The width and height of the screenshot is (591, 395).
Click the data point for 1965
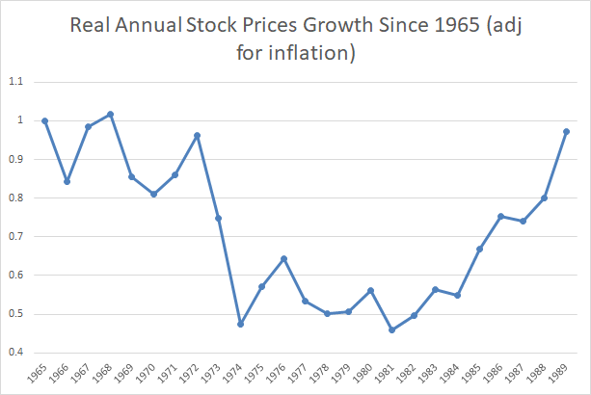[x=44, y=120]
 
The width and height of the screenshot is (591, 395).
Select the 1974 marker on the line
[x=240, y=324]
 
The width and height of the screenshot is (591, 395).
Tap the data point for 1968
[x=110, y=114]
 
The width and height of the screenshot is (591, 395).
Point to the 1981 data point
[x=392, y=330]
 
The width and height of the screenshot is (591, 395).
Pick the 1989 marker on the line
[x=566, y=131]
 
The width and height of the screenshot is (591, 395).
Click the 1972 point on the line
[x=197, y=136]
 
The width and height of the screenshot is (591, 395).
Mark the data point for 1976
[x=283, y=258]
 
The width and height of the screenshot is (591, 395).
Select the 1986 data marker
[x=501, y=216]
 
